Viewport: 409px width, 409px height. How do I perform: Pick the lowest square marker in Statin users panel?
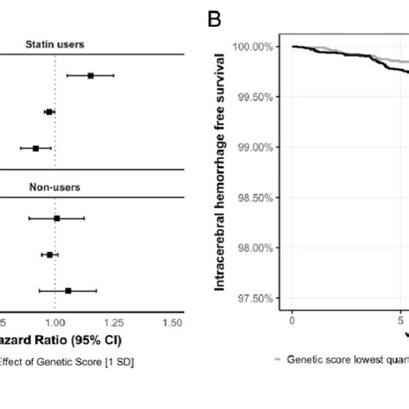click(x=35, y=148)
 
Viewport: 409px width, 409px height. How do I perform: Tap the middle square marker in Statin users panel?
click(x=49, y=112)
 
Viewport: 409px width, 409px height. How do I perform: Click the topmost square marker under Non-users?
click(x=57, y=218)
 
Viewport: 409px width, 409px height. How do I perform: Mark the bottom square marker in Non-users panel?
click(x=68, y=291)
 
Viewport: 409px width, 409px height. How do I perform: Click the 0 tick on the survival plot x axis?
click(x=293, y=320)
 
